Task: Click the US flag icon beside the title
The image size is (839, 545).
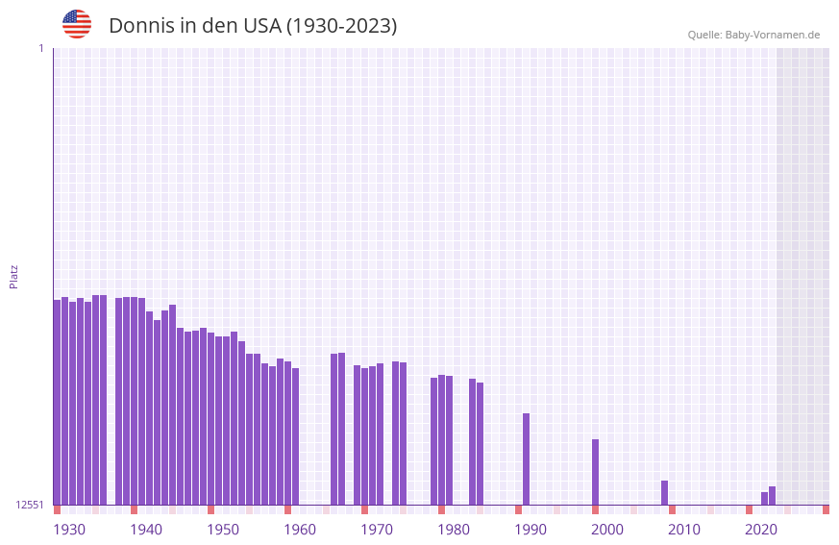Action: point(77,24)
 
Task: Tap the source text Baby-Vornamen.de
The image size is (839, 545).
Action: point(772,35)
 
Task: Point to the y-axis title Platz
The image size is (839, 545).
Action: point(13,276)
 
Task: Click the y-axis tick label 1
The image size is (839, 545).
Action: point(40,48)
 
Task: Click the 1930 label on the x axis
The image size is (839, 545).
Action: point(69,530)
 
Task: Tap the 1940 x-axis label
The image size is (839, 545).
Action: point(146,530)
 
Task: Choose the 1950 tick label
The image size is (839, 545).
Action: point(223,530)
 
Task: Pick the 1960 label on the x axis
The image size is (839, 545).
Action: point(300,530)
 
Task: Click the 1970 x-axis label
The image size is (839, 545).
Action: point(377,530)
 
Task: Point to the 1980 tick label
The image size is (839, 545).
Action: point(454,530)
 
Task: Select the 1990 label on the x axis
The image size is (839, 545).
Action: point(531,530)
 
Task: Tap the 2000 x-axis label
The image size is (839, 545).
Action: point(607,530)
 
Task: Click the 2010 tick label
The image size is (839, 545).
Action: point(684,530)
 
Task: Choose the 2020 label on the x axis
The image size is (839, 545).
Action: point(761,530)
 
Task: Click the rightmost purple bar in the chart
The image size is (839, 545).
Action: point(772,496)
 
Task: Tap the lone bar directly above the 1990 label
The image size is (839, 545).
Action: point(526,458)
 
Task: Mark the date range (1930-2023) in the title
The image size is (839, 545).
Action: point(341,26)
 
